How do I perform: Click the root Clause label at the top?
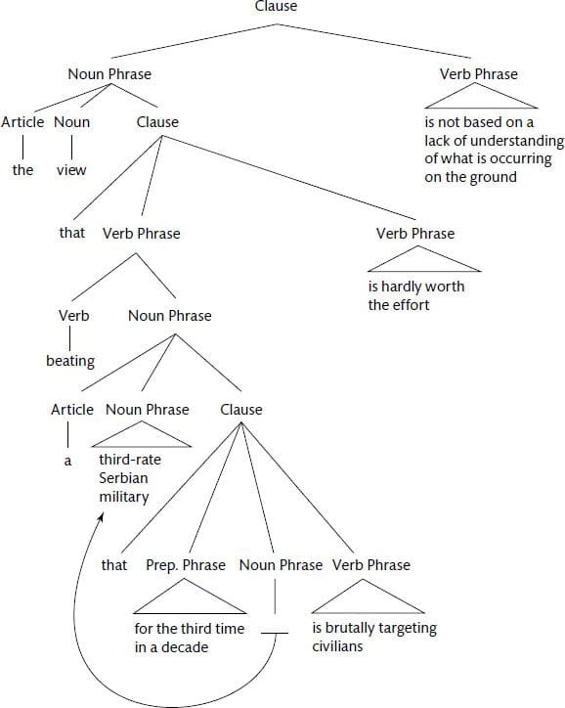point(276,6)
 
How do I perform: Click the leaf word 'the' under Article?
point(22,170)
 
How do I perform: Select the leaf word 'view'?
point(71,170)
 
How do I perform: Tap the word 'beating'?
point(70,361)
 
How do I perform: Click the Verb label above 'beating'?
point(73,315)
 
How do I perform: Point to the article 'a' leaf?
point(67,461)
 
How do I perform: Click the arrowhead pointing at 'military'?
point(101,516)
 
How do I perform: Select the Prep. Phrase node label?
point(186,565)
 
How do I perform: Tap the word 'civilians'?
point(337,646)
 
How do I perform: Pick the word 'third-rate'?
point(130,460)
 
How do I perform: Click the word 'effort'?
point(411,305)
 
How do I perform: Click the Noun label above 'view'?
point(71,122)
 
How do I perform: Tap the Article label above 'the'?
point(22,122)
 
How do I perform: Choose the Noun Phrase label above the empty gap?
point(281,565)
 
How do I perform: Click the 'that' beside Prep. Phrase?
point(114,565)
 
